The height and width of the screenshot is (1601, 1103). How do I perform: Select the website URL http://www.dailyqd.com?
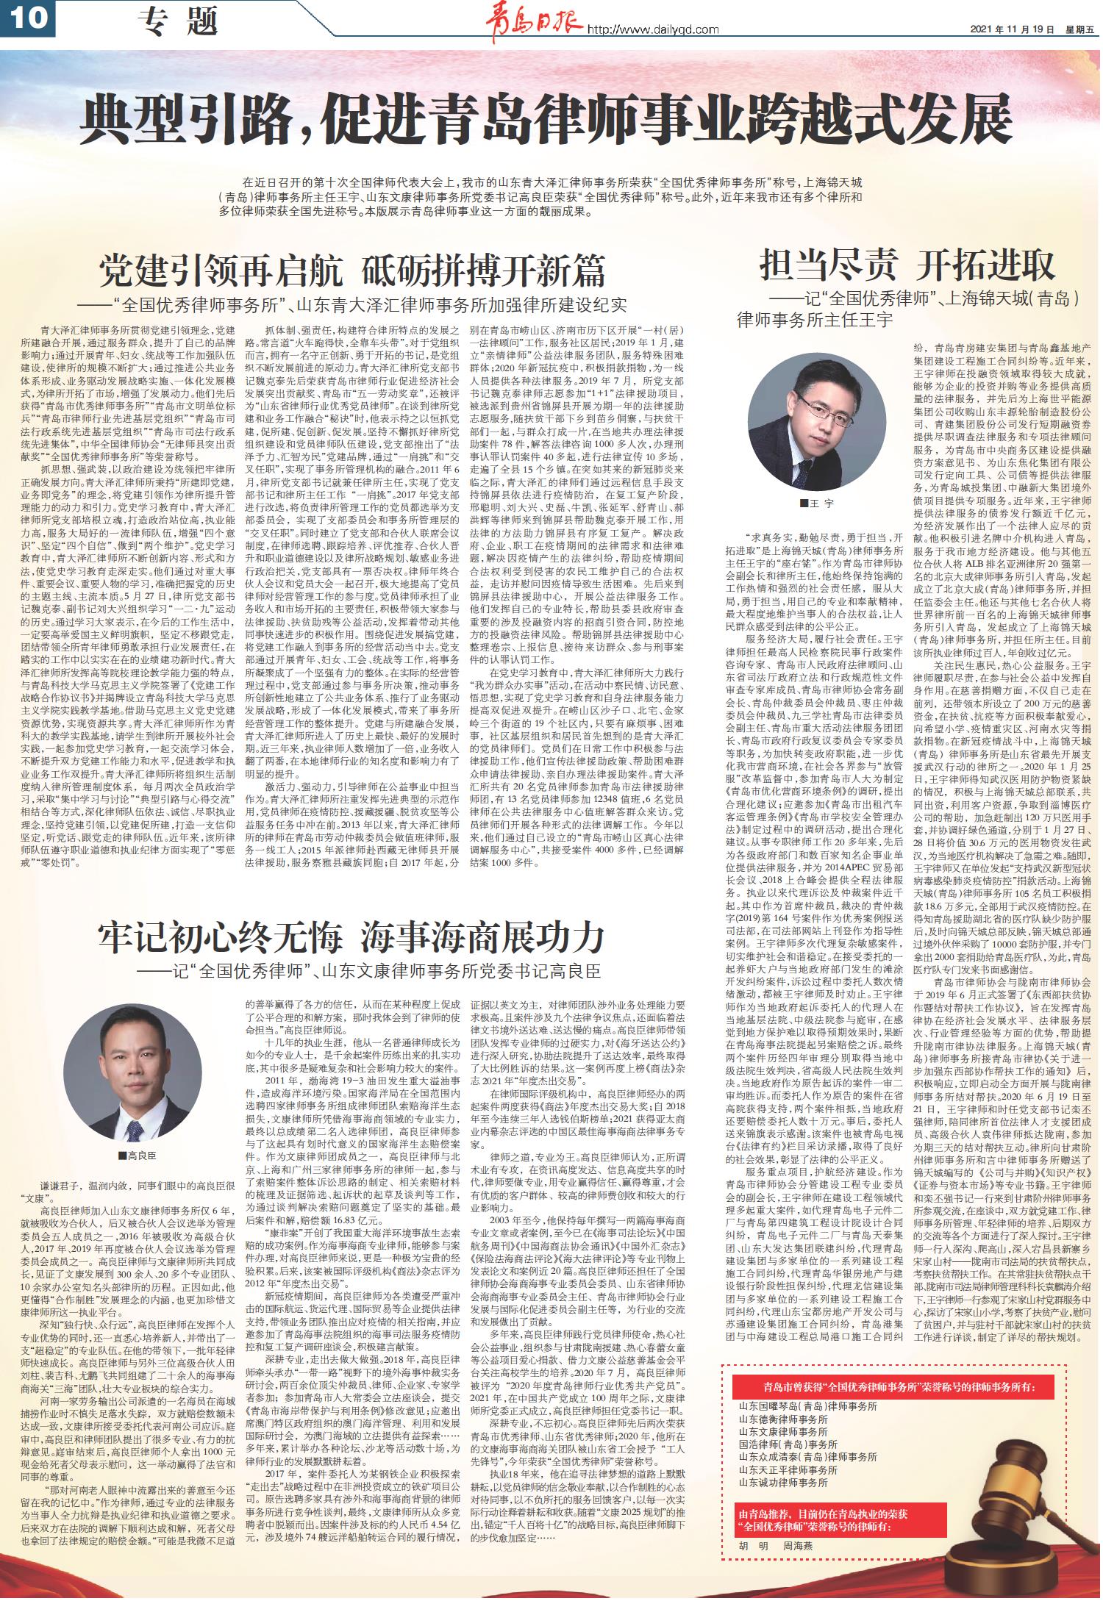(x=652, y=29)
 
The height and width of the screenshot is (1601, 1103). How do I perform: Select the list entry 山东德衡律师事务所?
(x=782, y=1419)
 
